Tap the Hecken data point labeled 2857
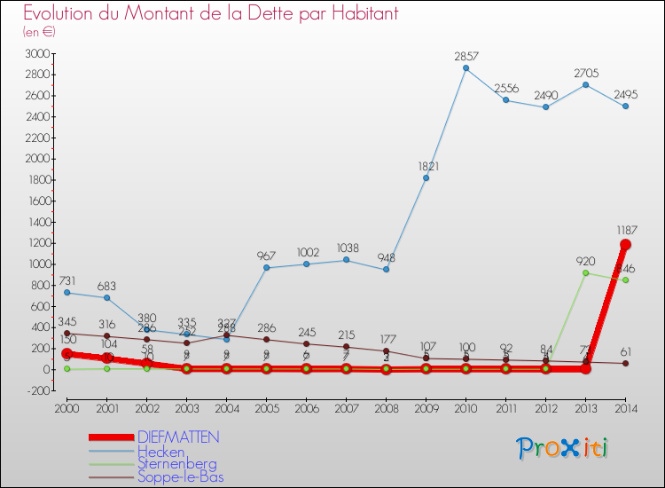pos(465,68)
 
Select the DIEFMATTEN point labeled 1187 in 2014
pos(625,244)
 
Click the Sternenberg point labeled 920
pos(585,272)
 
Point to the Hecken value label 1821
pos(426,166)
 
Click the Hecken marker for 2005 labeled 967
pos(266,267)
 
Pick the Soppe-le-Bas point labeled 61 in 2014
pos(625,363)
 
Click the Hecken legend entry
pos(160,451)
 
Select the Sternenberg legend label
pos(176,463)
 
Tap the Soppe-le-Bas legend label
pos(180,476)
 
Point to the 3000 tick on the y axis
pos(38,54)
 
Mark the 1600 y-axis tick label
pos(38,201)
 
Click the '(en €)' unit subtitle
pos(40,31)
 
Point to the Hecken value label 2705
pos(585,74)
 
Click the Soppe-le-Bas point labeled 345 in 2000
pos(66,333)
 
